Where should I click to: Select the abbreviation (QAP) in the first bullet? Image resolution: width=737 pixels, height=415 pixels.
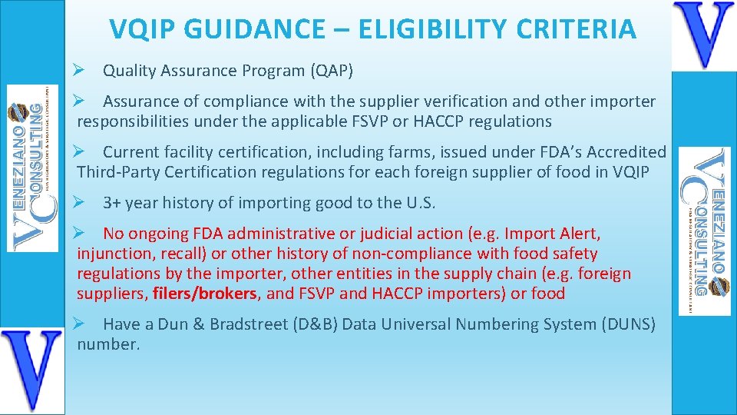tap(332, 71)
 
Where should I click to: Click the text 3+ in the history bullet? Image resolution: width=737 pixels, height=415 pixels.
tap(112, 204)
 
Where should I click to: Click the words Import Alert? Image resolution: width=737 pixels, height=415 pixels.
tap(552, 234)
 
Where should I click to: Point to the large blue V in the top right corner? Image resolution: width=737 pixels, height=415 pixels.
tap(703, 35)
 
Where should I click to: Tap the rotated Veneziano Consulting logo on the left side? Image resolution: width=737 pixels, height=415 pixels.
tap(32, 168)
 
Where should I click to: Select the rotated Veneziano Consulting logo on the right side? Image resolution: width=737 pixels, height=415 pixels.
tap(705, 231)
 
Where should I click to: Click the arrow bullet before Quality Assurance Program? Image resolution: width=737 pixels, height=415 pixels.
tap(78, 71)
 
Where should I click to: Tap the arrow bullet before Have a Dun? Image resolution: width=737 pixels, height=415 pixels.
tap(78, 324)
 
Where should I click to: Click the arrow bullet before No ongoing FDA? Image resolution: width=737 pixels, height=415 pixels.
tap(78, 234)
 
